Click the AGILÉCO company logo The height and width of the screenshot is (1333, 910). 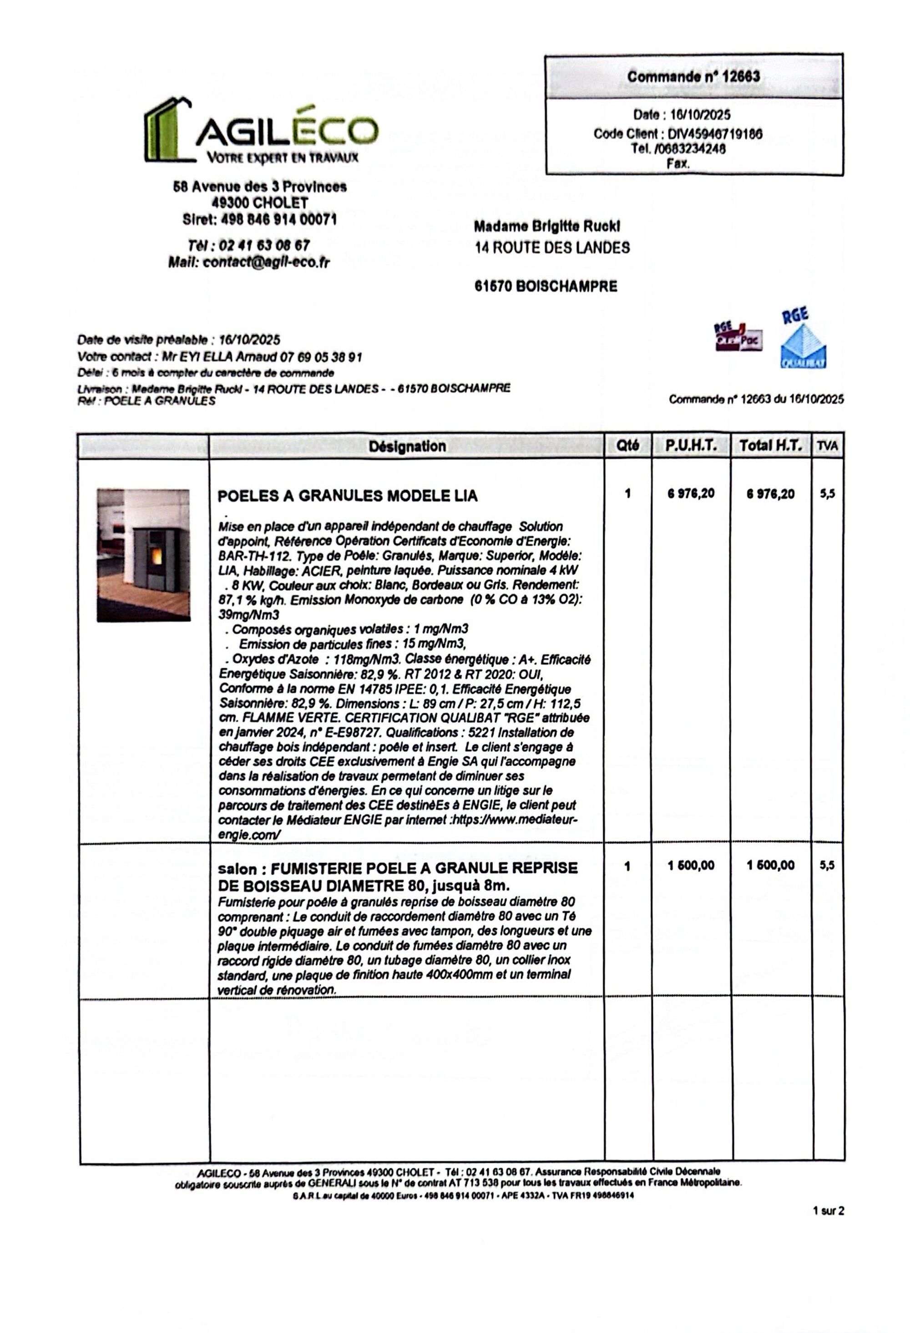261,130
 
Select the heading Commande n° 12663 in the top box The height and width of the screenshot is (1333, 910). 693,77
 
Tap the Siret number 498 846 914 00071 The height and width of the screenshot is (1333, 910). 259,220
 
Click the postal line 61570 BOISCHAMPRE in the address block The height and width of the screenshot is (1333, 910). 546,287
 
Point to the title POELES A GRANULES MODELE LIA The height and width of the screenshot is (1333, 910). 348,496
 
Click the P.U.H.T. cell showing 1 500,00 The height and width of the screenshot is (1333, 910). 691,866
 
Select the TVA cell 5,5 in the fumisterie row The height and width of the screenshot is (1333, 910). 827,866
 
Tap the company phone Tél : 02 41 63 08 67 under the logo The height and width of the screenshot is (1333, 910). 249,245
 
